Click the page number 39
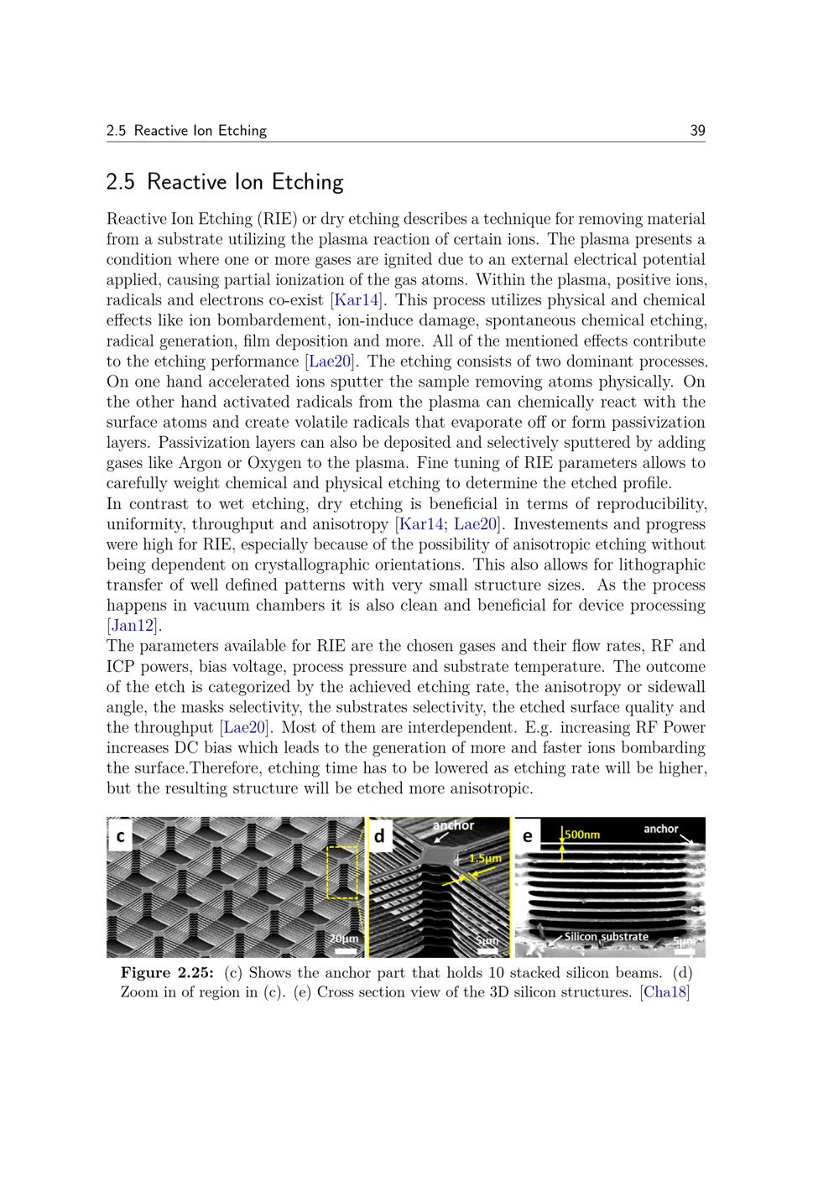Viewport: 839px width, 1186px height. tap(697, 130)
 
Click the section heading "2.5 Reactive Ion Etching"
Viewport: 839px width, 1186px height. tap(225, 182)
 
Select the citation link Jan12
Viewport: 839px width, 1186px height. tap(133, 626)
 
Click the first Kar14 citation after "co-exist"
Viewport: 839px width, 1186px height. tap(357, 300)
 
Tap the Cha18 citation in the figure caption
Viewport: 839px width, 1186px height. tap(664, 992)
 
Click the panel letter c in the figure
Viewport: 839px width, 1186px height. tap(121, 836)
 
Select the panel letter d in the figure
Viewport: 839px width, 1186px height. tap(380, 836)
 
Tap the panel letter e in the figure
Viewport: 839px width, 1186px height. tap(528, 836)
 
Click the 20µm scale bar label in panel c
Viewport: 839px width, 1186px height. tap(344, 938)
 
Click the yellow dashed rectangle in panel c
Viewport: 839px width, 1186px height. tap(341, 872)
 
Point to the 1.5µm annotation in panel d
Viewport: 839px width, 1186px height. tap(485, 858)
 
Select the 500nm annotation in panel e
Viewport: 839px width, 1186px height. tap(582, 835)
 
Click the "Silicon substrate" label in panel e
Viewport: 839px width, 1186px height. tap(606, 936)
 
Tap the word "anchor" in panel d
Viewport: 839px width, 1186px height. tap(454, 825)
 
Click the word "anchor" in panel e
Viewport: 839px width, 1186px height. tap(661, 829)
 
